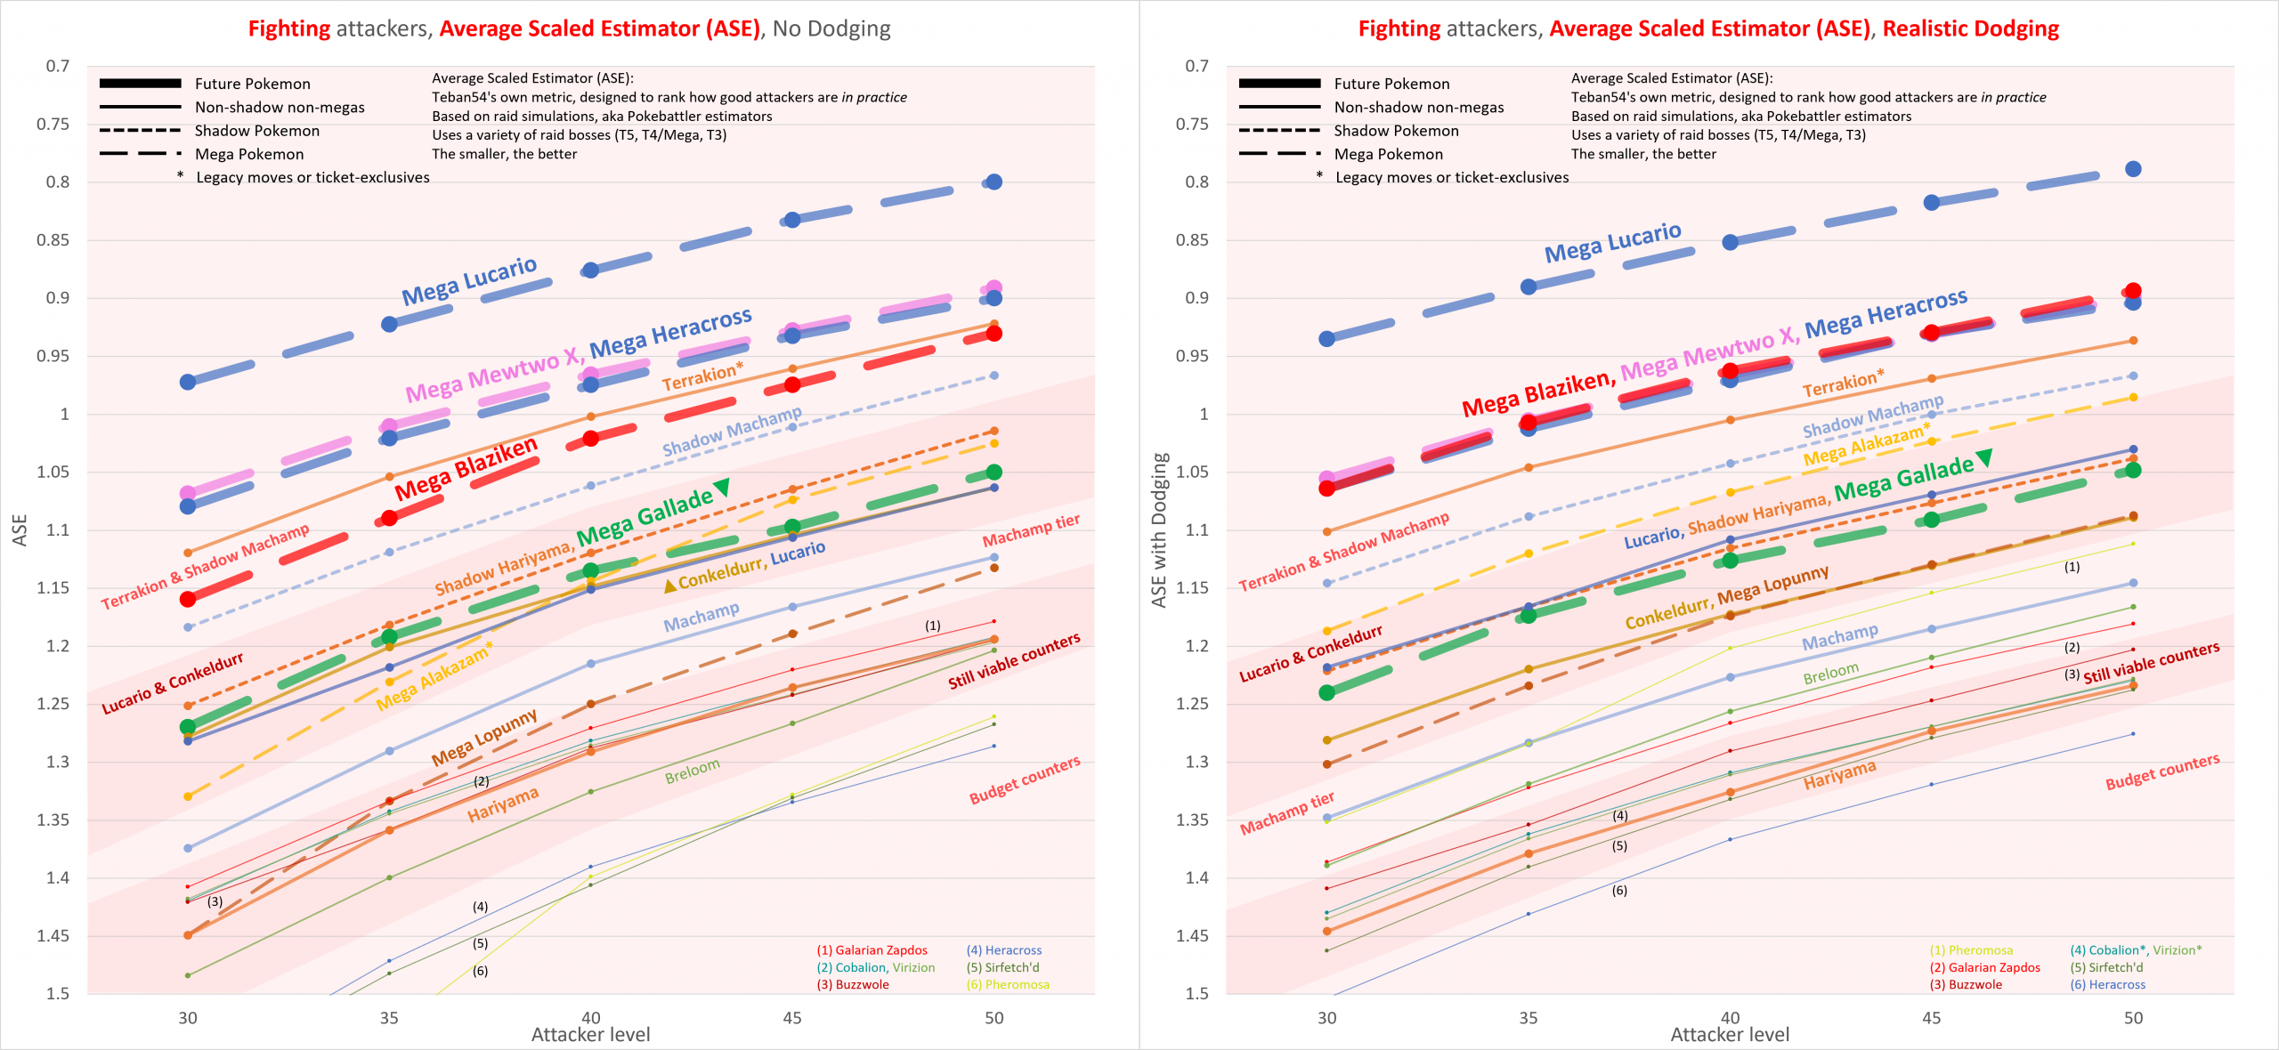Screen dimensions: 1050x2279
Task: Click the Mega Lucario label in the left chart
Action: coord(469,280)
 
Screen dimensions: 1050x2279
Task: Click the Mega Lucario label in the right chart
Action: coord(1612,242)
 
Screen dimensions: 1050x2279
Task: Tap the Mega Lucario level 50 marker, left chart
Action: coord(994,182)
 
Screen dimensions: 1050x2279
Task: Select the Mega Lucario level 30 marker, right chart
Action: coord(1326,338)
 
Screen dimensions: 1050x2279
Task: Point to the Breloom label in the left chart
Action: coord(692,771)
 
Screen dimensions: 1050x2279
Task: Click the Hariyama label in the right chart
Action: coord(1839,774)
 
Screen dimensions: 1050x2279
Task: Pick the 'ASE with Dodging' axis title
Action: coord(1158,530)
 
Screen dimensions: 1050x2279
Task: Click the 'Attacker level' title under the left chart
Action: coord(590,1035)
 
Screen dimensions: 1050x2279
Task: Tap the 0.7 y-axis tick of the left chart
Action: coord(58,66)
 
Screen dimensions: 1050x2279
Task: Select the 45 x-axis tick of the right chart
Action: coord(1931,1018)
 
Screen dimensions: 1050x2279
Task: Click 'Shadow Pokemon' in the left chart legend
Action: coord(256,131)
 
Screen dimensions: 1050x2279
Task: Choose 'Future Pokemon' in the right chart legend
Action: coord(1391,84)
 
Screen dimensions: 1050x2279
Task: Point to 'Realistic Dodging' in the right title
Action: coord(1970,28)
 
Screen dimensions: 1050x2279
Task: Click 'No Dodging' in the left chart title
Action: coord(831,28)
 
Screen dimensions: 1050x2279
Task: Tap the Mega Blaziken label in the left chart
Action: coord(466,468)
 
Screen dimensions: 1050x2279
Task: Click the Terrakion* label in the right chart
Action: coord(1843,383)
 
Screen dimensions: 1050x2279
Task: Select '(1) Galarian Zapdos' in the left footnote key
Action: coord(872,950)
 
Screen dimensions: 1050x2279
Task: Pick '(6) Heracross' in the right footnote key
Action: coord(2107,984)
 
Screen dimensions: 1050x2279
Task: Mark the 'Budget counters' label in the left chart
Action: coord(1025,780)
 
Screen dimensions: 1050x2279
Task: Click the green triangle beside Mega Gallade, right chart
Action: coord(1984,457)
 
